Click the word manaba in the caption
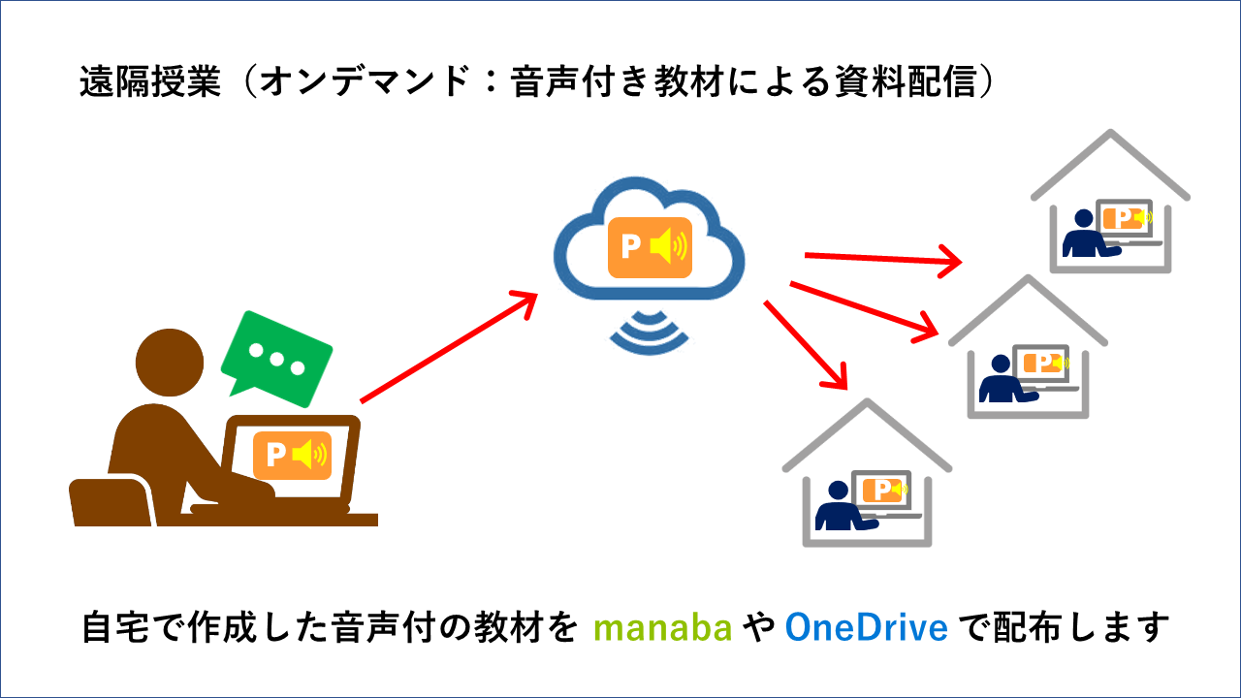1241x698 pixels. pos(661,628)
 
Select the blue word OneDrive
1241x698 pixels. pos(866,628)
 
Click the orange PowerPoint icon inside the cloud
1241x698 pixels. pos(649,247)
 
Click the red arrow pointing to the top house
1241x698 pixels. pos(881,259)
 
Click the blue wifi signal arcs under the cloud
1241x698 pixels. pos(649,330)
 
